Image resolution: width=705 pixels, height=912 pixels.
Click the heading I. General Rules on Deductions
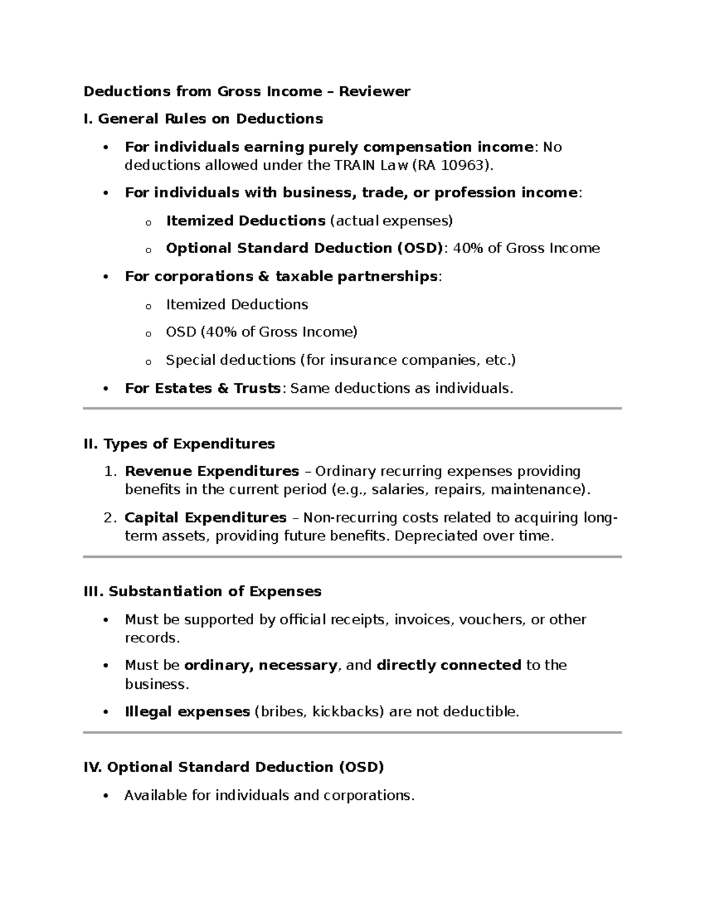tap(203, 119)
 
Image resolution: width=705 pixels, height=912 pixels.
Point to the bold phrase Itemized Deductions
tap(246, 221)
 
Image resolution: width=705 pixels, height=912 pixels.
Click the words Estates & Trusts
tap(202, 388)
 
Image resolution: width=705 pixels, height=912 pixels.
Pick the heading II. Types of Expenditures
tap(179, 443)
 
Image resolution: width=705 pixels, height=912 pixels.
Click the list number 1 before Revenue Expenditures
tap(108, 472)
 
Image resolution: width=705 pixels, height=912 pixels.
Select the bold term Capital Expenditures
tap(206, 517)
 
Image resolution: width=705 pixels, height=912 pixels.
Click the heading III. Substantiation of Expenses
tap(203, 591)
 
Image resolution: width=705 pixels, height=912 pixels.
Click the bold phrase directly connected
tap(449, 665)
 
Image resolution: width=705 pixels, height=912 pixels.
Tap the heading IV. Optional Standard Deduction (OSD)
tap(234, 767)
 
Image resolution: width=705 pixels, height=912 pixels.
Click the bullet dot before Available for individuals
tap(106, 796)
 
